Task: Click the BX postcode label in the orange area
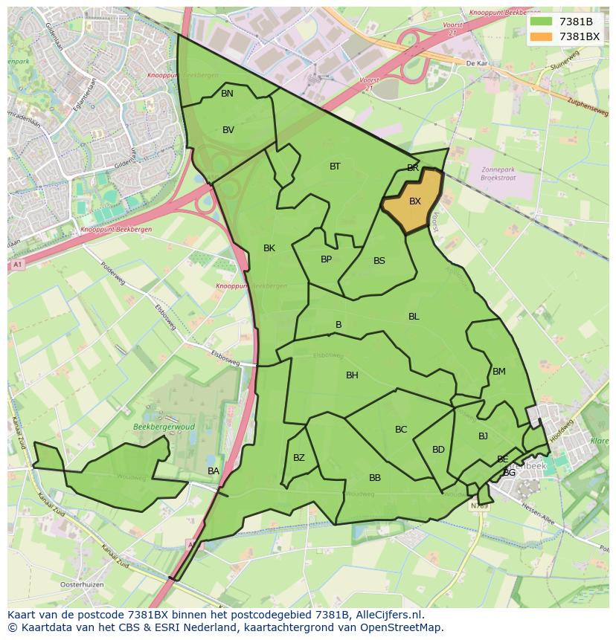click(x=415, y=201)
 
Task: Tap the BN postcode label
click(x=227, y=94)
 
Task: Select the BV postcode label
click(x=228, y=130)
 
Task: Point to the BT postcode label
click(x=335, y=167)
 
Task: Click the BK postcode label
click(x=269, y=248)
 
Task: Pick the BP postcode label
click(x=326, y=259)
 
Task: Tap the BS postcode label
click(x=379, y=261)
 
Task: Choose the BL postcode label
click(x=414, y=317)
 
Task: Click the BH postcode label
click(x=352, y=375)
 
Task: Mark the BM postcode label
click(x=498, y=372)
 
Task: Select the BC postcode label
click(x=401, y=430)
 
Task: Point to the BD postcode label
click(x=438, y=450)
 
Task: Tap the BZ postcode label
click(x=299, y=458)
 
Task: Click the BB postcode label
click(x=375, y=478)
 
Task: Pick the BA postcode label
click(x=214, y=471)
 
